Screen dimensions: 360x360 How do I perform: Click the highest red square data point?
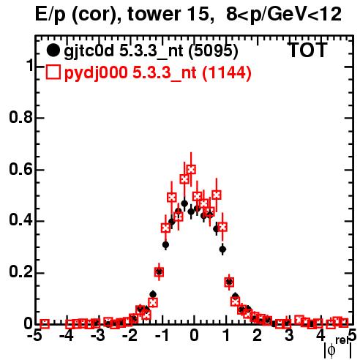point(191,169)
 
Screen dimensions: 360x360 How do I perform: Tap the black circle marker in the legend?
point(53,50)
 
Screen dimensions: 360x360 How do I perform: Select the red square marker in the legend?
point(53,72)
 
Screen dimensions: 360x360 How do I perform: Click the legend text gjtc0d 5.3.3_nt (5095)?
point(151,51)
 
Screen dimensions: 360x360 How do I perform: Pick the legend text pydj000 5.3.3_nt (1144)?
point(158,73)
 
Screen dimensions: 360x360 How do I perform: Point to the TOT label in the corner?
point(307,50)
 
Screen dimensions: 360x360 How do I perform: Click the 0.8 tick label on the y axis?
point(21,118)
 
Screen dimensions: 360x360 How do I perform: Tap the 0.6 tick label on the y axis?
point(21,169)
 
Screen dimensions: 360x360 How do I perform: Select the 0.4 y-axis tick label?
point(21,220)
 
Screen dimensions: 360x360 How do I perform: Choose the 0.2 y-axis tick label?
point(21,272)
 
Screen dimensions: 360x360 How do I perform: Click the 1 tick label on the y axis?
point(29,65)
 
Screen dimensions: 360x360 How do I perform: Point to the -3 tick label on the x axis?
point(98,336)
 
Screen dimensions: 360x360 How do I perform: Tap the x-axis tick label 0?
point(194,336)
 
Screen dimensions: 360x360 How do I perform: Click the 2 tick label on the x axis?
point(258,336)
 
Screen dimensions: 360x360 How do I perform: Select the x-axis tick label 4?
point(321,336)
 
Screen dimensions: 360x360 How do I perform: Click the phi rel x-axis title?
point(338,348)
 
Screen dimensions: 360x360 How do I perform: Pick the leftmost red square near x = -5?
point(45,324)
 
